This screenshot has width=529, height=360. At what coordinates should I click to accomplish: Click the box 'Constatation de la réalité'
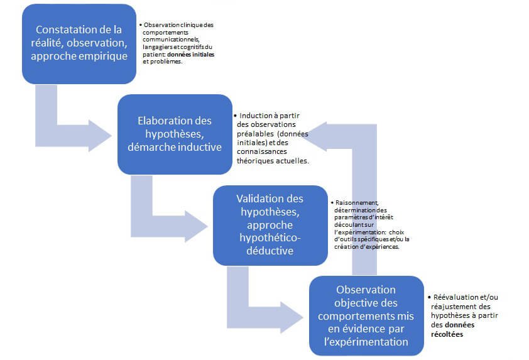tap(79, 44)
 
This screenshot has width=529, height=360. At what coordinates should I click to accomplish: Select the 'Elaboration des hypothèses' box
tap(175, 134)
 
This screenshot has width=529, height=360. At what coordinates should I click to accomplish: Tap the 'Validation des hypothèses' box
tap(270, 225)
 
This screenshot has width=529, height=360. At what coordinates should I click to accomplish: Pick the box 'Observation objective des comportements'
tap(366, 316)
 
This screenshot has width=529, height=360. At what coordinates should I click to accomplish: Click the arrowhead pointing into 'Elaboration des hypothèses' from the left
tap(100, 136)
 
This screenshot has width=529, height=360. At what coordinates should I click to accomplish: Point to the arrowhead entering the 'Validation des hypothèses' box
tap(196, 226)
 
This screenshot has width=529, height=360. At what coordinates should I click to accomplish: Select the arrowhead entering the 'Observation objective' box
tap(292, 317)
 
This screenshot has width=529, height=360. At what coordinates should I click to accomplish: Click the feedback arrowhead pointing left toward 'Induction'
tap(315, 136)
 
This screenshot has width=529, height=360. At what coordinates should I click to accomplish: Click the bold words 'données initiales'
tap(190, 54)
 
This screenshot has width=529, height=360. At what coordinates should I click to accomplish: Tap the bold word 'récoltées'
tap(447, 334)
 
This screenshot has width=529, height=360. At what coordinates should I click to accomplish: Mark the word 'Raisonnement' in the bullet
tap(357, 203)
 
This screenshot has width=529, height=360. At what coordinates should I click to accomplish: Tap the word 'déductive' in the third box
tap(270, 251)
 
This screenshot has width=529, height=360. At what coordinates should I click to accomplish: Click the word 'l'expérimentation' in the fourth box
tap(366, 342)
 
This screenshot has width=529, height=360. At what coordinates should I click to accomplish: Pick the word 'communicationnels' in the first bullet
tap(171, 40)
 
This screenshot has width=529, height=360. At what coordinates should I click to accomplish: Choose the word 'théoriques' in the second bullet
tap(255, 161)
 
